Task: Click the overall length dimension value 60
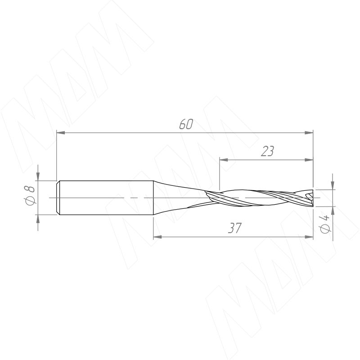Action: pyautogui.click(x=186, y=124)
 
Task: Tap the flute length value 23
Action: pyautogui.click(x=268, y=151)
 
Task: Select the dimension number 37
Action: pyautogui.click(x=235, y=228)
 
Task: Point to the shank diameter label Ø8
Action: pyautogui.click(x=29, y=195)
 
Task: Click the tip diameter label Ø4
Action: pyautogui.click(x=324, y=224)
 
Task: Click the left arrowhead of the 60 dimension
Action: pyautogui.click(x=61, y=133)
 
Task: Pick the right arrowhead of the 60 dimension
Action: pyautogui.click(x=309, y=133)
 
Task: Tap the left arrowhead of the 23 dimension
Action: pyautogui.click(x=224, y=160)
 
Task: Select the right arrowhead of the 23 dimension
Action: pyautogui.click(x=309, y=160)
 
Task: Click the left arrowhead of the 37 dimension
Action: pyautogui.click(x=157, y=237)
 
